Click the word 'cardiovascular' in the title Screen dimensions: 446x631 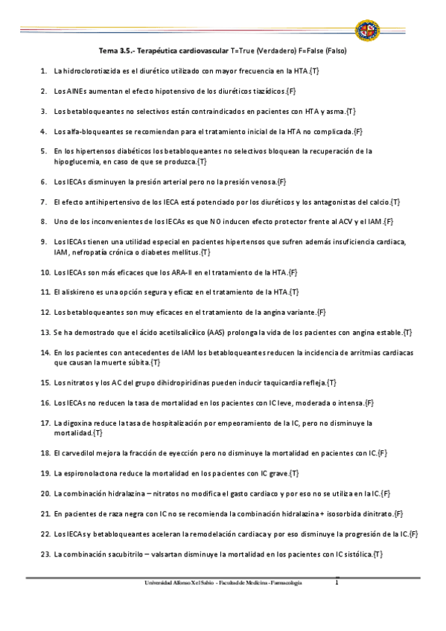tap(203, 52)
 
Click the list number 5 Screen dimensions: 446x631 tap(45, 151)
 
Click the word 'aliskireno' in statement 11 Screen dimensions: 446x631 tap(80, 292)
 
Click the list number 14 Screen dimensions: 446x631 tap(45, 353)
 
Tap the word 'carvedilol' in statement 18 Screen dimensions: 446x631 tap(83, 453)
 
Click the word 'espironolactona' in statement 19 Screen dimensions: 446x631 tap(92, 473)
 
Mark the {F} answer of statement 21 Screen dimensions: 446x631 tap(398, 513)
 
